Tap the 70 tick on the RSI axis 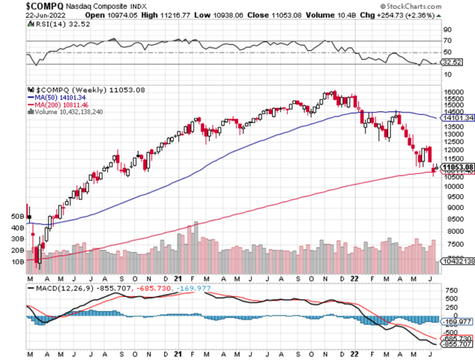(445, 40)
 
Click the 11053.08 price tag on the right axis (457, 167)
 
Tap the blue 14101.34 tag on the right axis (457, 117)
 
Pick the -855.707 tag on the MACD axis (455, 344)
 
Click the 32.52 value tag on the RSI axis (451, 62)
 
